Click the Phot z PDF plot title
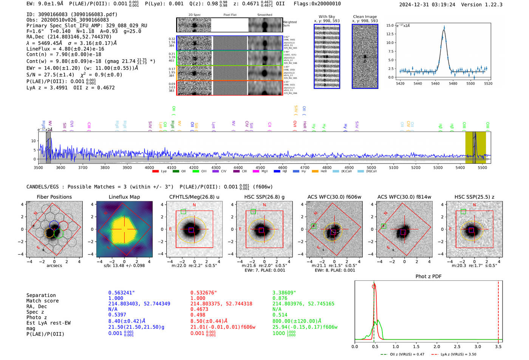pos(428,277)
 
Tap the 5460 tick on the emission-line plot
pos(435,83)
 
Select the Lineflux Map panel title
pos(124,197)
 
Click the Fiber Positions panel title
pos(54,197)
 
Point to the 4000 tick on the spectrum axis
pos(149,168)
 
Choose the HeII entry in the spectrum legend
pos(323,172)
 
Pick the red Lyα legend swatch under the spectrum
pos(155,172)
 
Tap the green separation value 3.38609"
pos(284,293)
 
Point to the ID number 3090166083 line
pos(72,14)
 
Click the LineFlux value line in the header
pos(65,49)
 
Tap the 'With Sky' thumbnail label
pos(327,17)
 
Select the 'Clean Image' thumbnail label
pos(365,17)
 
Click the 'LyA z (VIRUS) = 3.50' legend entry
pos(458,354)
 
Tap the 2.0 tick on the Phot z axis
pos(437,346)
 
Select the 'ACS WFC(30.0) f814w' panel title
pos(404,197)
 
